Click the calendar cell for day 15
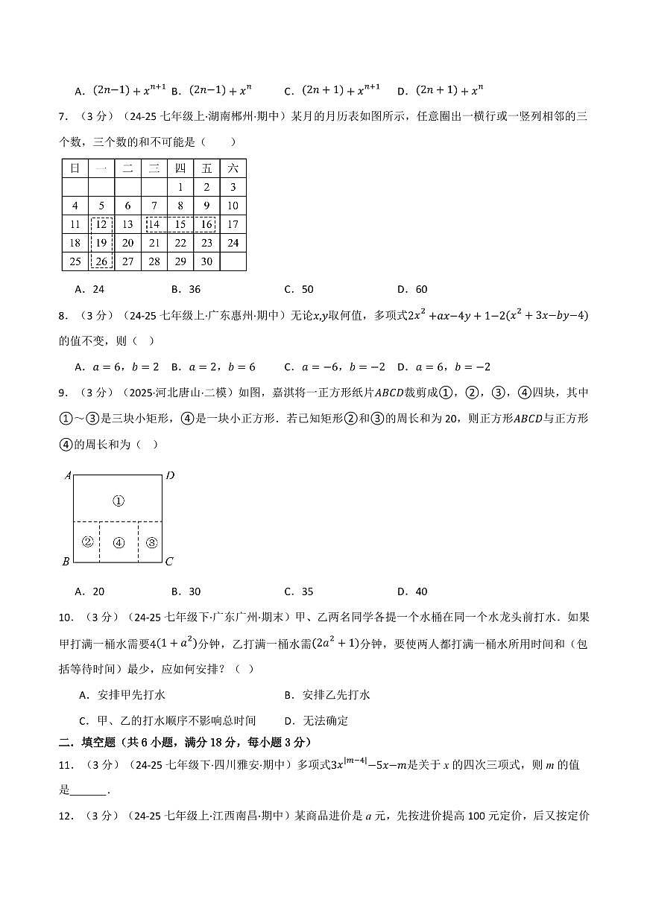(x=180, y=224)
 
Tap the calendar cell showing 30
(x=206, y=261)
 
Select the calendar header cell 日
(x=75, y=168)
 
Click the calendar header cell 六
(x=233, y=168)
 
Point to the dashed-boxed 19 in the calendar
(x=101, y=243)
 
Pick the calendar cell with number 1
(x=180, y=188)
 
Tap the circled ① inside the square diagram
(x=118, y=501)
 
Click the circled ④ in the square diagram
(x=118, y=542)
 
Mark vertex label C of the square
(x=168, y=562)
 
